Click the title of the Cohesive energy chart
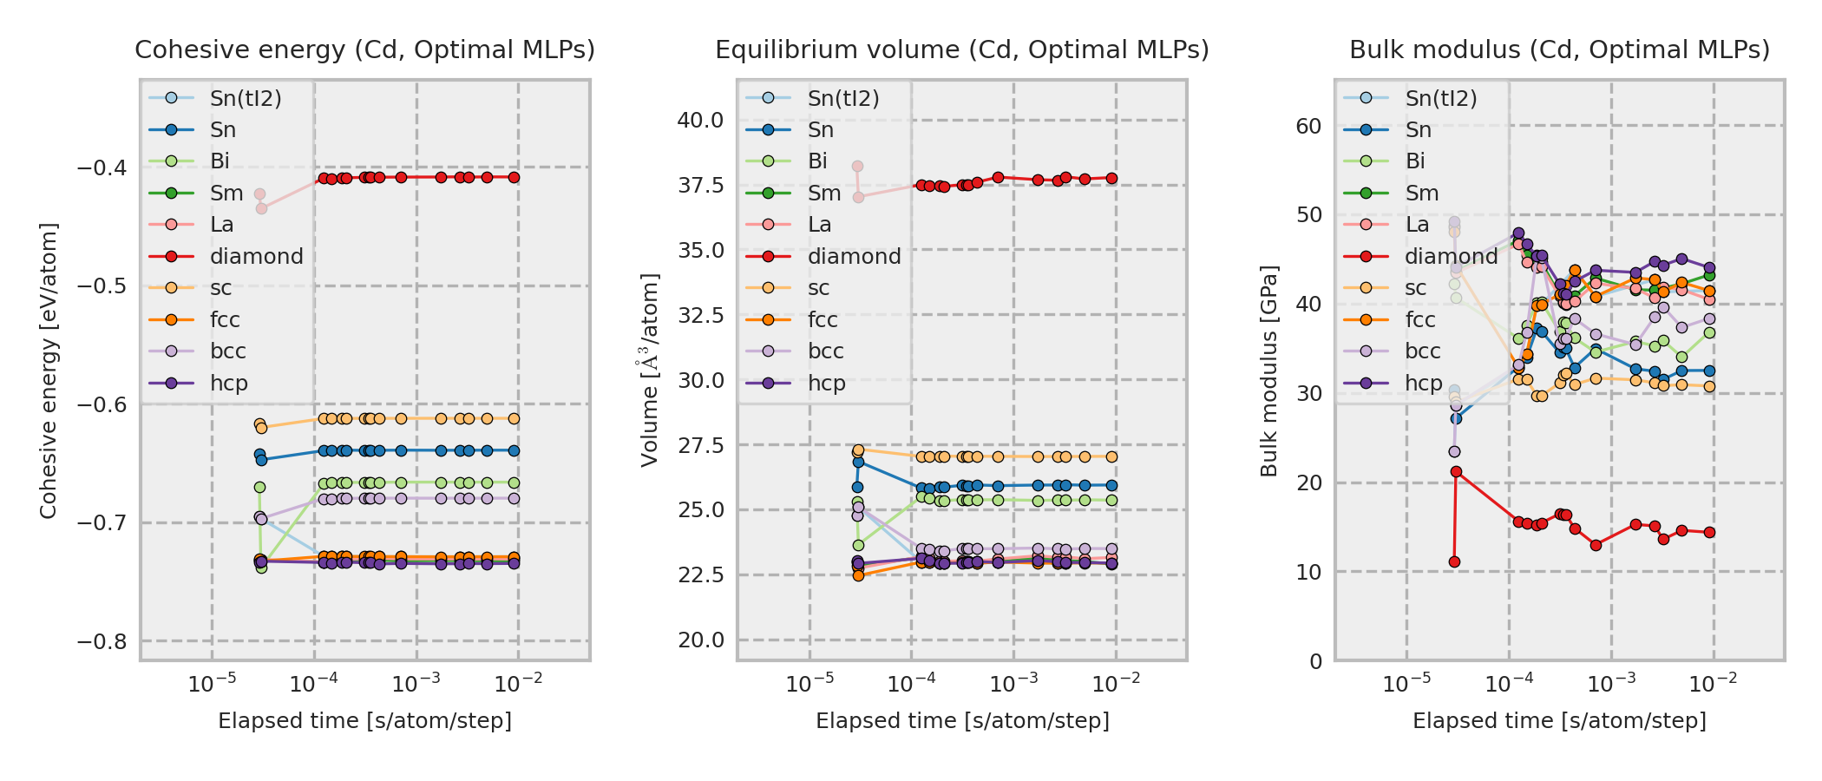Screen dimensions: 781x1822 tap(364, 50)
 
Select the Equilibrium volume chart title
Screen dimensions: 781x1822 tap(961, 50)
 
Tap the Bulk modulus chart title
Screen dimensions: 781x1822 tap(1559, 50)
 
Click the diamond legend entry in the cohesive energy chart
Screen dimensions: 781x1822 tap(256, 257)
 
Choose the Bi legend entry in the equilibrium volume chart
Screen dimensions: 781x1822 tap(817, 161)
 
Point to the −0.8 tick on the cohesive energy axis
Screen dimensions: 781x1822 tap(102, 642)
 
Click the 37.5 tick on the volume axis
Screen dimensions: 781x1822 tap(700, 186)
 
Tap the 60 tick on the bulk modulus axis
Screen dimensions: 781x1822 tap(1308, 127)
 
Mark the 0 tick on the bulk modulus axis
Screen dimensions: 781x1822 tap(1316, 662)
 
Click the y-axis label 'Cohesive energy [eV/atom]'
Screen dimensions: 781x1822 tap(49, 371)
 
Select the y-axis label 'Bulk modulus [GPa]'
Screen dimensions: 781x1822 tap(1269, 371)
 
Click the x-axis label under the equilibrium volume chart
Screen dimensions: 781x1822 tap(962, 721)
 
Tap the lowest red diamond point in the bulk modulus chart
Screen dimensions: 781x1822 tap(1454, 562)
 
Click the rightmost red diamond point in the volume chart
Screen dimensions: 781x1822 tap(1111, 179)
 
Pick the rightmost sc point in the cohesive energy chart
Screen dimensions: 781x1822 tap(514, 418)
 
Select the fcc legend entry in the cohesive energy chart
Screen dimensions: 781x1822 tap(224, 320)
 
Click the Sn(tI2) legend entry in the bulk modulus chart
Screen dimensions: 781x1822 tap(1440, 99)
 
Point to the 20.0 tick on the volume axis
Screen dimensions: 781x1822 tap(700, 640)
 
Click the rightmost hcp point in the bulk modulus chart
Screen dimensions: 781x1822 tap(1709, 268)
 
